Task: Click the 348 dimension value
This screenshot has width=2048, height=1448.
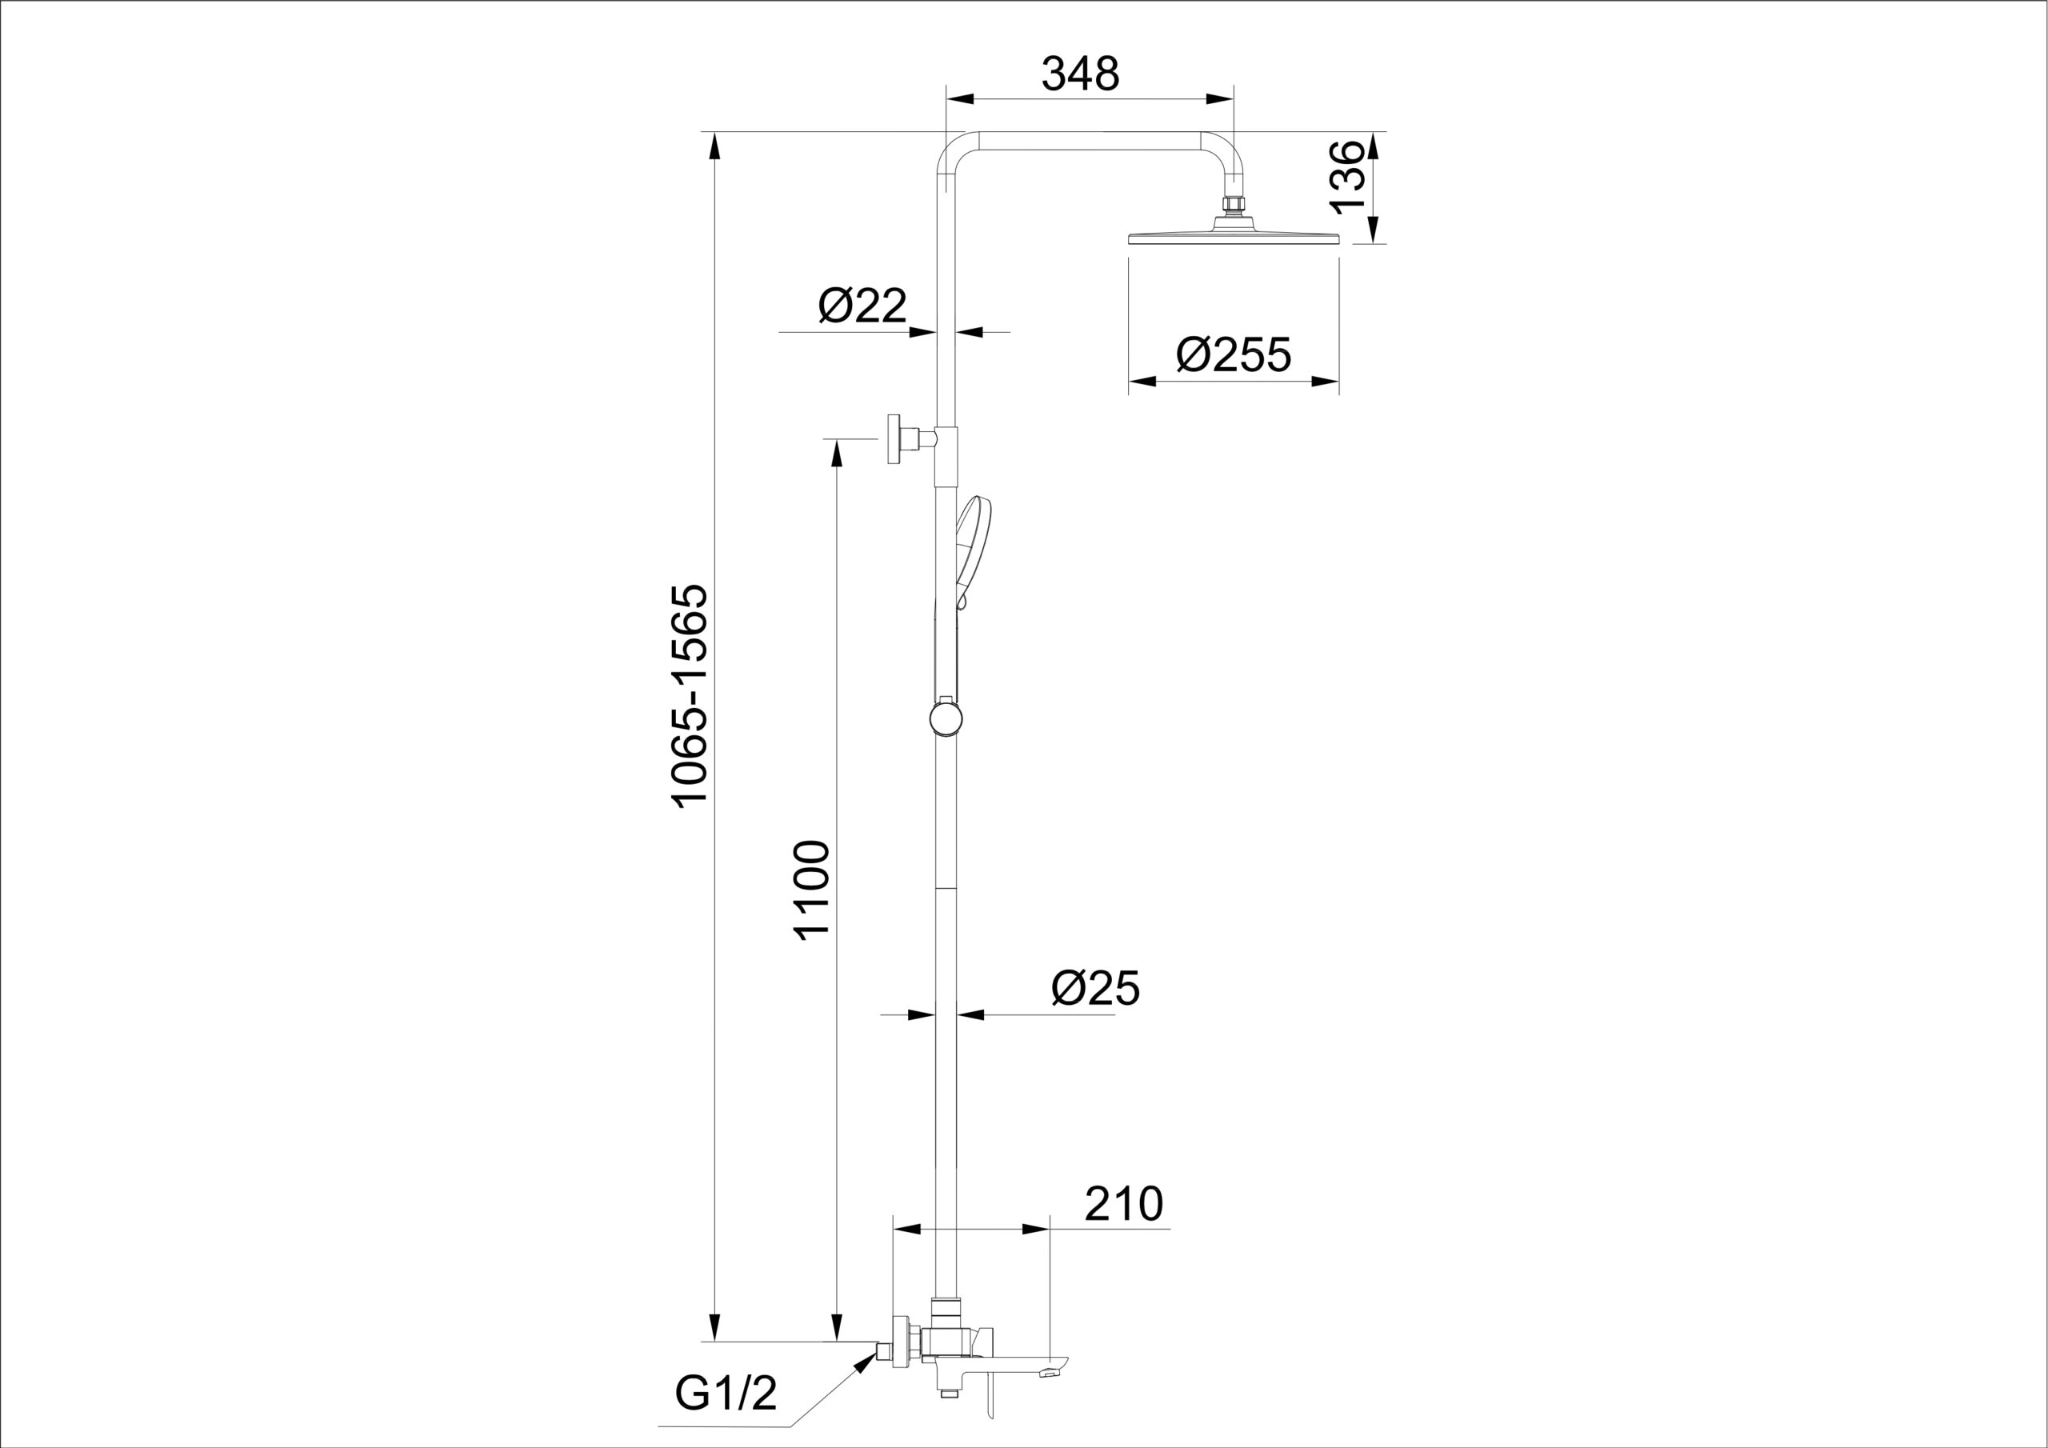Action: [1080, 74]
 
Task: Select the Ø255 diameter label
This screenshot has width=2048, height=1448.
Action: [1234, 354]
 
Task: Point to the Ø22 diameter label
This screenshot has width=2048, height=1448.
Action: [862, 306]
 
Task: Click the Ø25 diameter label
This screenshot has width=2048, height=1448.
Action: [1095, 988]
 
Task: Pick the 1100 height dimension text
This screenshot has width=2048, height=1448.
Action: [813, 890]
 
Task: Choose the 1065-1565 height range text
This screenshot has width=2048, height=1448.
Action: [690, 696]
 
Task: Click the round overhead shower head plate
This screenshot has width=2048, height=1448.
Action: [1234, 238]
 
